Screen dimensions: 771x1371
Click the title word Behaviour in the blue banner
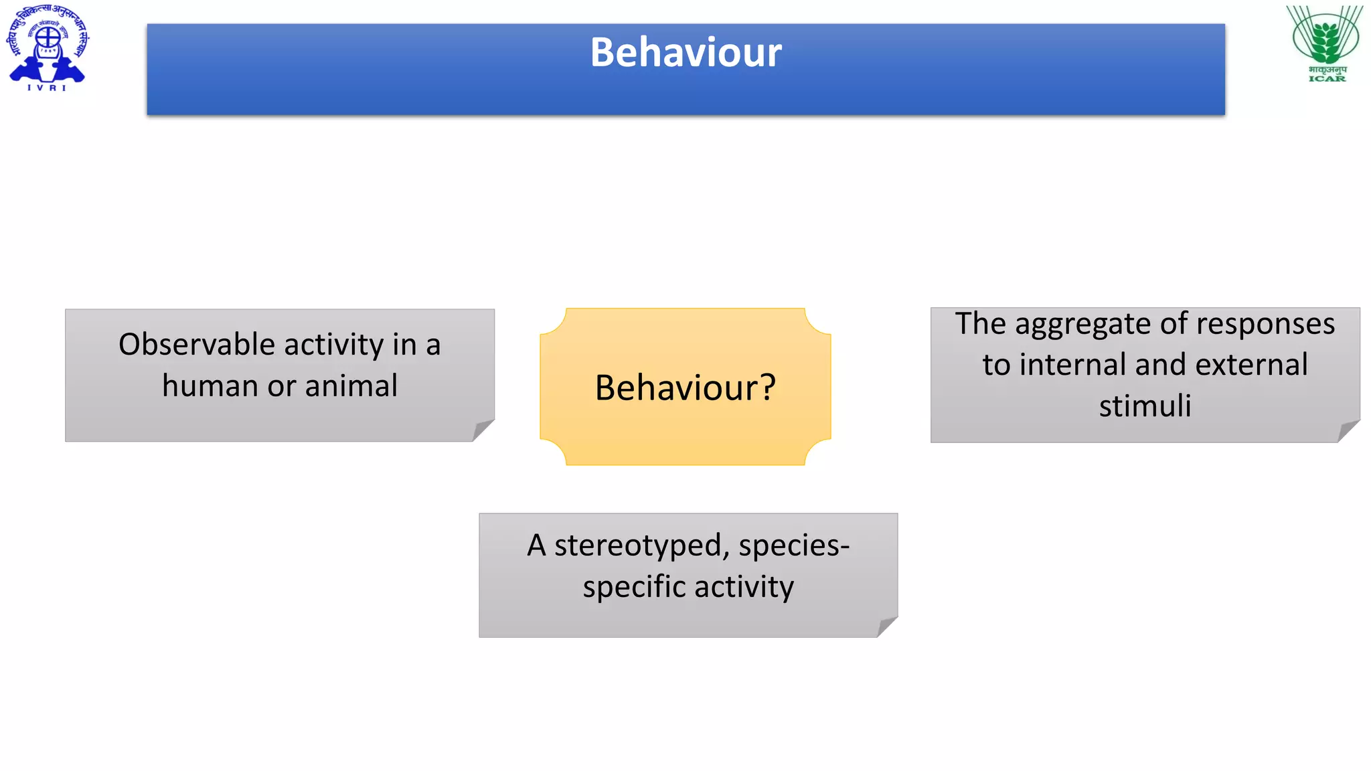click(685, 53)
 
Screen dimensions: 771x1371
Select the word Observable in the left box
click(197, 345)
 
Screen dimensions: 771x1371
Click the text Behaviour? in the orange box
click(685, 388)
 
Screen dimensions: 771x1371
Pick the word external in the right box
click(1251, 365)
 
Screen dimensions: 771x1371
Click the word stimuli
click(1145, 406)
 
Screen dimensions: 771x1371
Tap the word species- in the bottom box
click(794, 546)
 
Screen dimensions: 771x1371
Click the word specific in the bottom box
click(634, 588)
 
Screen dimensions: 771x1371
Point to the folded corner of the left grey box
click(481, 430)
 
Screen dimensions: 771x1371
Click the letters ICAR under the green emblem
click(1327, 79)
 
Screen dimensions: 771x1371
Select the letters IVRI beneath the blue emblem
click(47, 88)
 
